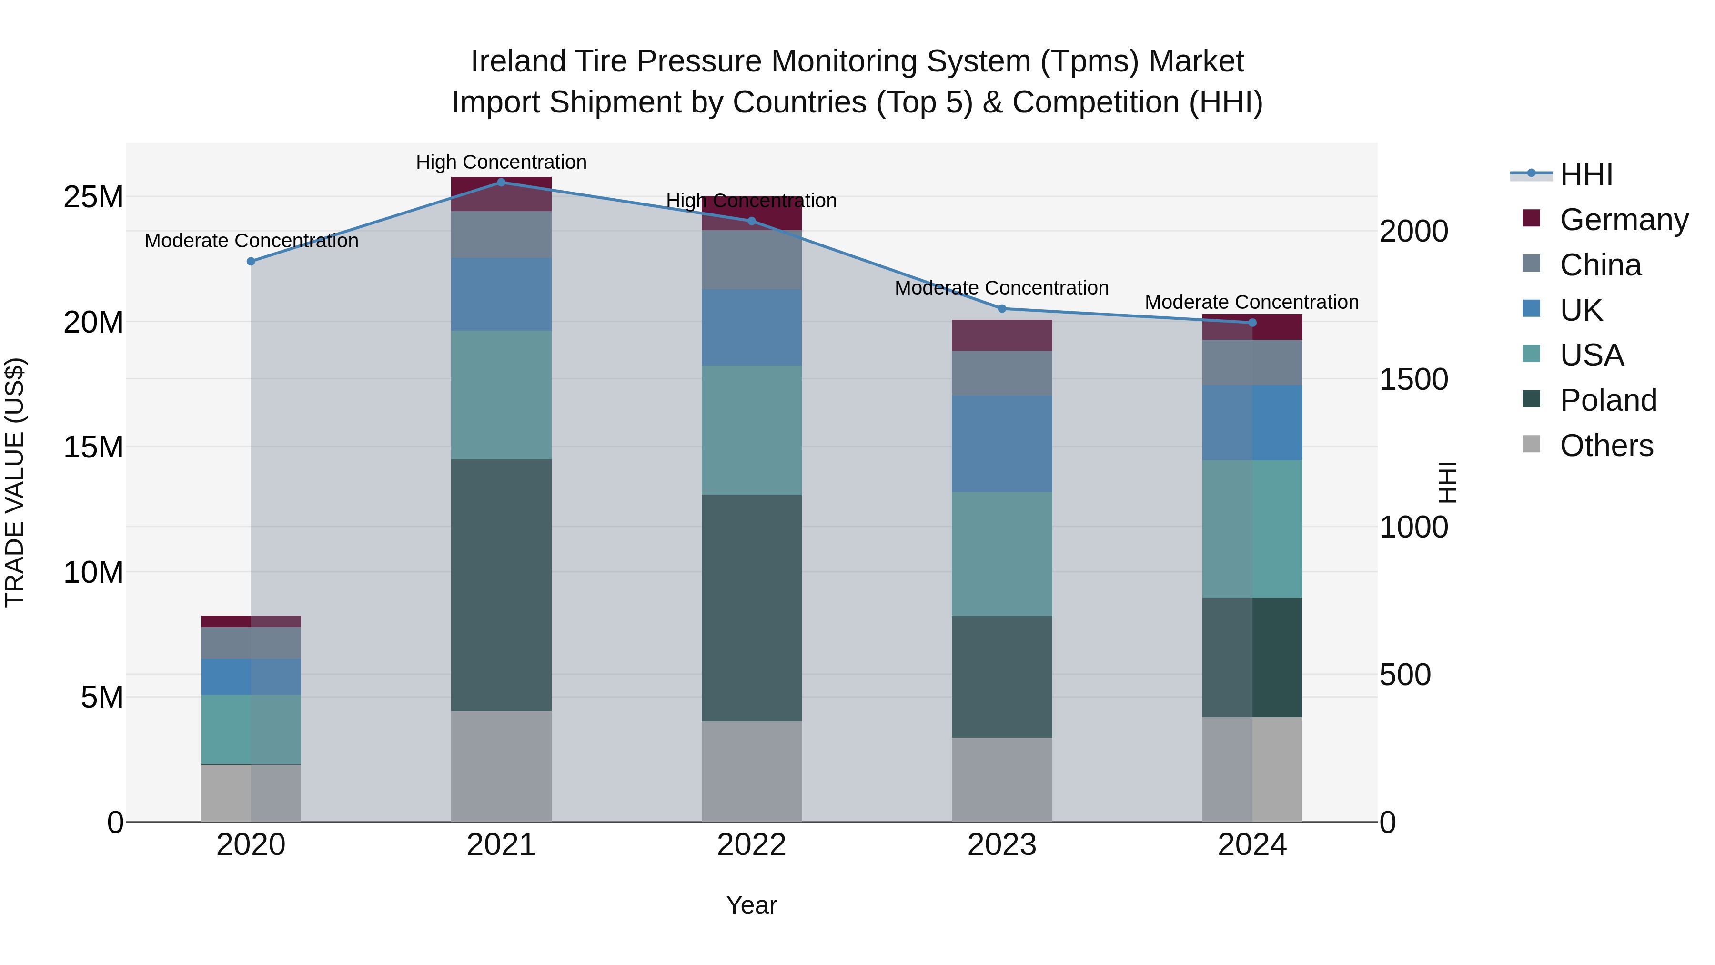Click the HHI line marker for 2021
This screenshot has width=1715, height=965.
click(501, 182)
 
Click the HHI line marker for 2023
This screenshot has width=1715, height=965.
click(1002, 308)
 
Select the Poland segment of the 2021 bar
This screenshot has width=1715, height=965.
click(501, 585)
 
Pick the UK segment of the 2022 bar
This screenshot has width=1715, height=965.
click(752, 327)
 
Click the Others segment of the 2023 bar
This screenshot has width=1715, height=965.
click(1002, 779)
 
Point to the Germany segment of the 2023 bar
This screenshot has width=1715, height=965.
click(1002, 335)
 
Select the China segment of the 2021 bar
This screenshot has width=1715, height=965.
click(501, 234)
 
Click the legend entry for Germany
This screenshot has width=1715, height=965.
click(1623, 220)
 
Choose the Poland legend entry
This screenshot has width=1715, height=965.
click(1607, 400)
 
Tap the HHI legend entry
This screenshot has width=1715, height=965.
click(1586, 174)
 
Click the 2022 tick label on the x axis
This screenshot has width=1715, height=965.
click(752, 845)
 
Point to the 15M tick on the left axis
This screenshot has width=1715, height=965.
click(93, 447)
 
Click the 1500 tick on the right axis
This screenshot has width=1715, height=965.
click(1413, 380)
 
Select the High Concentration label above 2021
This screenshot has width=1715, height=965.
click(501, 162)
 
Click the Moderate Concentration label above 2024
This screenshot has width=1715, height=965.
click(1251, 302)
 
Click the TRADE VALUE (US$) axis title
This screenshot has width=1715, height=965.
click(15, 482)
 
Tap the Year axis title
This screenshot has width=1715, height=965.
click(752, 905)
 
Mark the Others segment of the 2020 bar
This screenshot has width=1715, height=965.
click(251, 792)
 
